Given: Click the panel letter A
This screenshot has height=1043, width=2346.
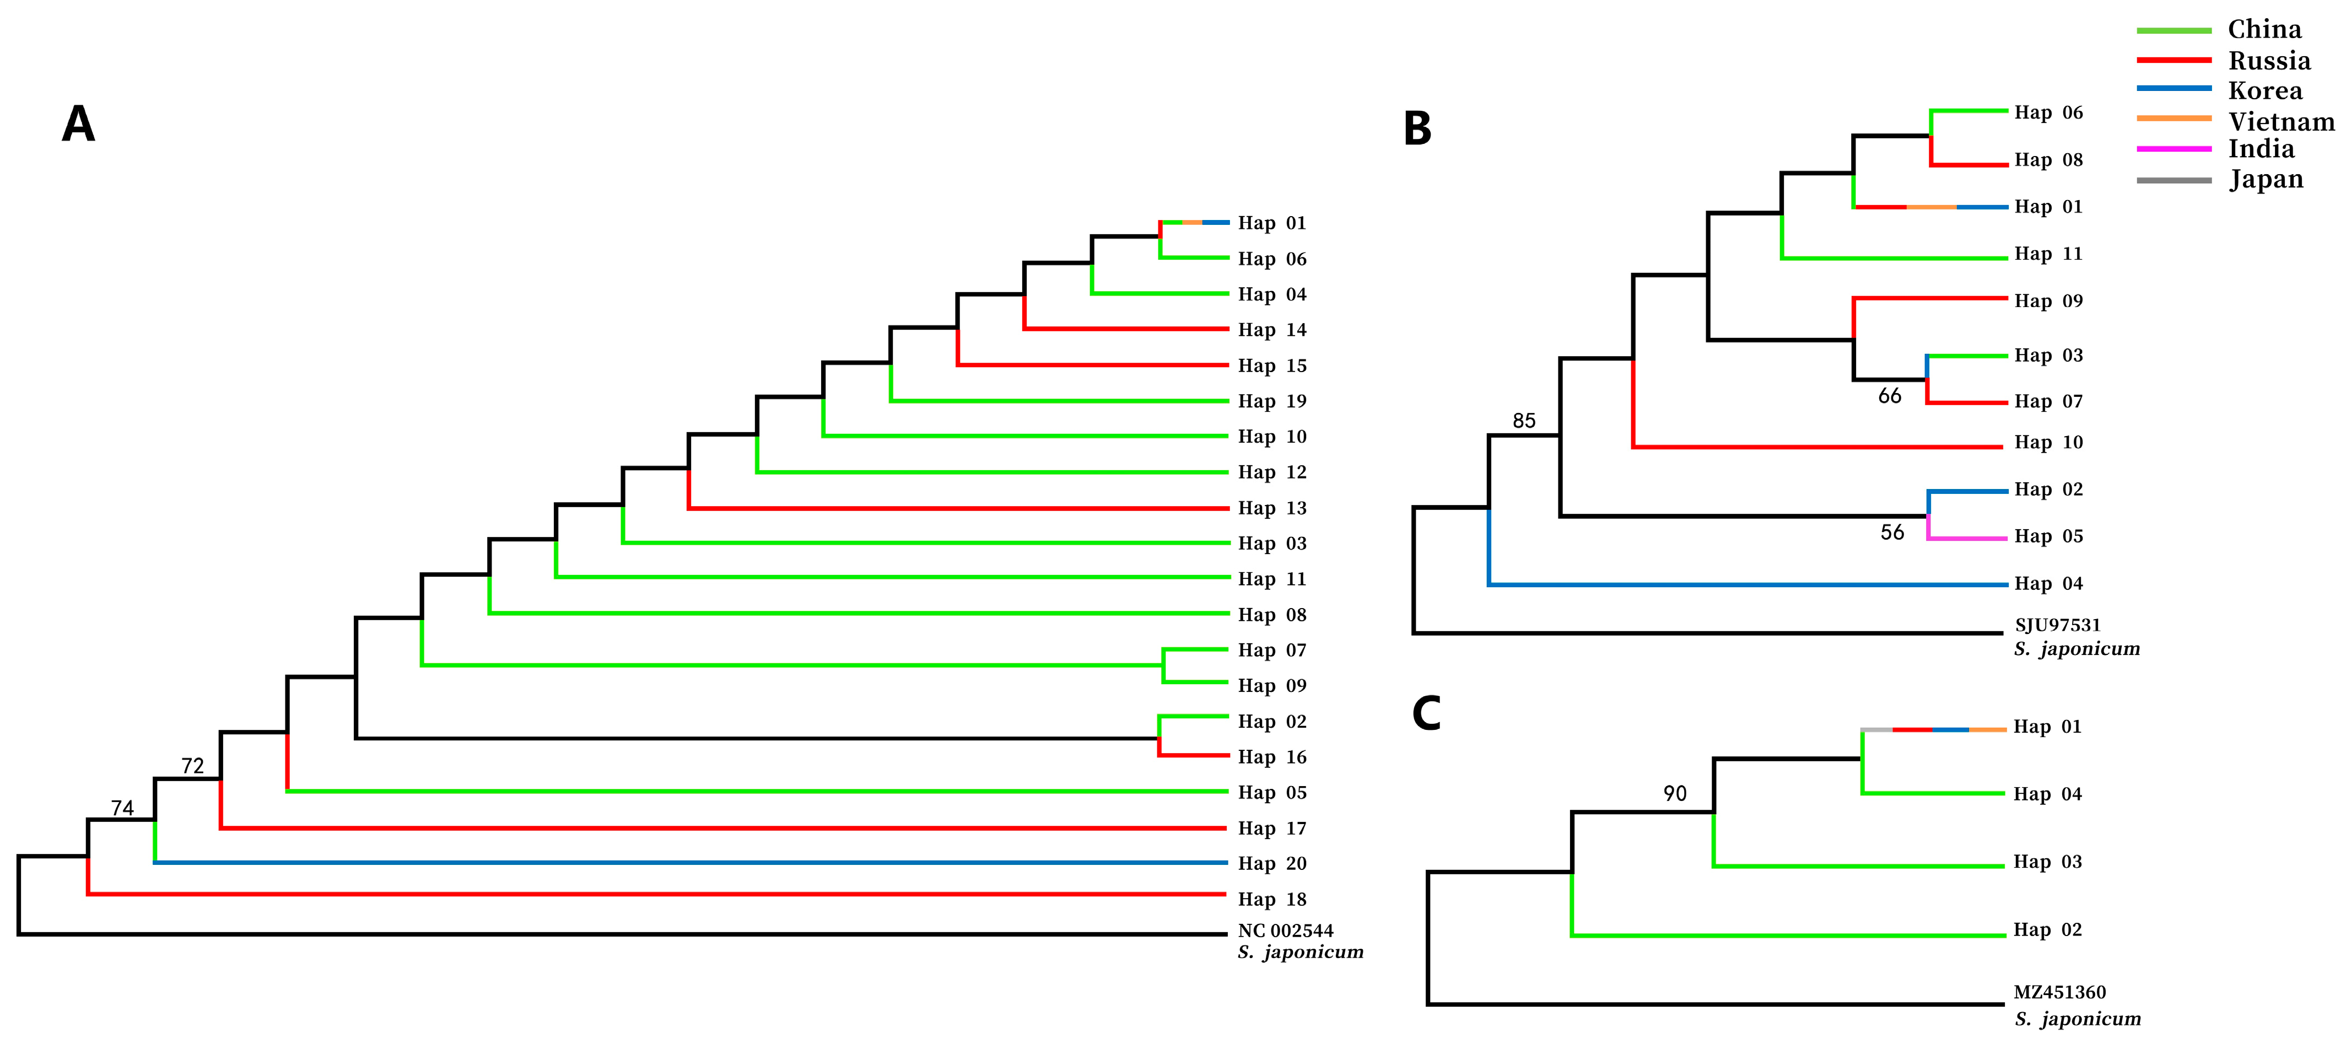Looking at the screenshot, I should (x=78, y=124).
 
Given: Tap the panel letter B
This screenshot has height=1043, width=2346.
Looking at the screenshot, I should (x=1417, y=128).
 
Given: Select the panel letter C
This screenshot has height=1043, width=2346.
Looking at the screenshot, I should (x=1426, y=713).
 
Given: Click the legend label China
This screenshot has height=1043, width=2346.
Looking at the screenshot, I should (x=2264, y=30).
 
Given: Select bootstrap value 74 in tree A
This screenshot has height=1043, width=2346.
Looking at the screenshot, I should (x=122, y=808).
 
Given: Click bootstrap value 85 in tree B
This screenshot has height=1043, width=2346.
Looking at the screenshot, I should (x=1524, y=421).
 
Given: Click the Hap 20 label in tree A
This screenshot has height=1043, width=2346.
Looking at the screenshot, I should (x=1271, y=863).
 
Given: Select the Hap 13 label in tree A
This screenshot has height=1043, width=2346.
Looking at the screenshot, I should (x=1271, y=508).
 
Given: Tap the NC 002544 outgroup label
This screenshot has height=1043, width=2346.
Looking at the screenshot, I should (x=1285, y=931).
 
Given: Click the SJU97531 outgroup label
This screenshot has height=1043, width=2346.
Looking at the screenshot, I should (x=2057, y=626).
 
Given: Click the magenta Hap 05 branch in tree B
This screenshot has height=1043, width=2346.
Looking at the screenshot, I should (x=1967, y=539).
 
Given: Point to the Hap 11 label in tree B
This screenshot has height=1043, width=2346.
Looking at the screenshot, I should (x=2047, y=254).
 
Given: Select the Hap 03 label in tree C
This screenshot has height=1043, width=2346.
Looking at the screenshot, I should (x=2046, y=862).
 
